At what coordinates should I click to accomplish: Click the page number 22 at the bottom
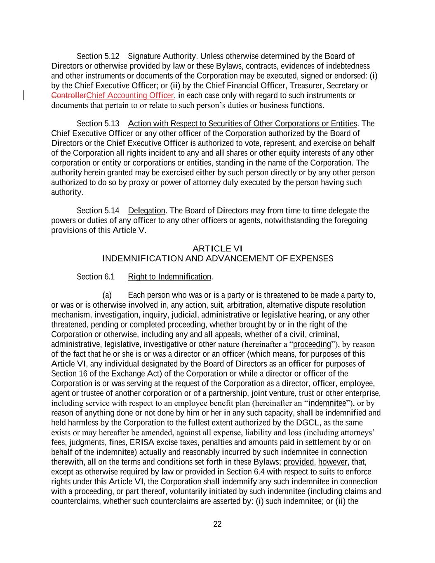[x=217, y=524]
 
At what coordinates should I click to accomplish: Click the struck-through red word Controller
[x=68, y=96]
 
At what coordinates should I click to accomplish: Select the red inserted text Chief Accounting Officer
[x=130, y=96]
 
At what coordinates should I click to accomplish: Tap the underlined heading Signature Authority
[x=162, y=56]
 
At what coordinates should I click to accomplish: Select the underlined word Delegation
[x=146, y=211]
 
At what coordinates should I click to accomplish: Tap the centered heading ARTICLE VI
[x=217, y=249]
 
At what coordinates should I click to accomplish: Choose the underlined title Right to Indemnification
[x=169, y=277]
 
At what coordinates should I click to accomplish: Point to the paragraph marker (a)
[x=107, y=295]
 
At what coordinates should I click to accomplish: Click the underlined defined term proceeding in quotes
[x=312, y=344]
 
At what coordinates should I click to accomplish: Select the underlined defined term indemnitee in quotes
[x=327, y=403]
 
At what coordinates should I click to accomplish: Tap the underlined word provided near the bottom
[x=299, y=462]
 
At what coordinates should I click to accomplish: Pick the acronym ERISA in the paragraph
[x=141, y=443]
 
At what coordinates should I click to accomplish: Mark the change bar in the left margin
[x=24, y=96]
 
